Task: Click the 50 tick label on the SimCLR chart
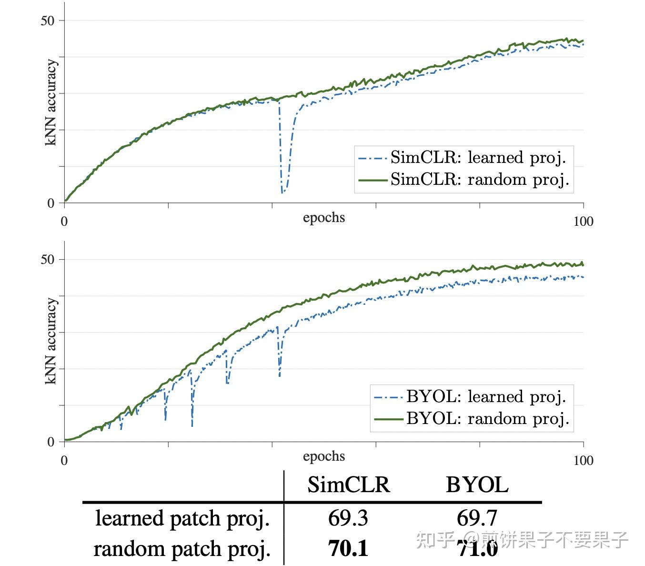tap(48, 20)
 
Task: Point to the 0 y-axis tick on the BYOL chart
tap(51, 442)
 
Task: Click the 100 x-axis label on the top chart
tap(583, 221)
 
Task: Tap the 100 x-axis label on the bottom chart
tap(583, 460)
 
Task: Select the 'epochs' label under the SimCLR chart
tap(323, 218)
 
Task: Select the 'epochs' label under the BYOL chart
tap(323, 456)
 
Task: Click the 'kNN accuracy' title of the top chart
tap(51, 102)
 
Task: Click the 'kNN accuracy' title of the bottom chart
tap(51, 341)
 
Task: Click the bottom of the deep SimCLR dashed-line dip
tap(282, 192)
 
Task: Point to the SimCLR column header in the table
tap(348, 485)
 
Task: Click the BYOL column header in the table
tap(477, 485)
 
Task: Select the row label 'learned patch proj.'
tap(182, 518)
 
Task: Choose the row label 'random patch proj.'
tap(182, 549)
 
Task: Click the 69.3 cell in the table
tap(348, 518)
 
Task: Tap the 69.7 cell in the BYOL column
tap(477, 518)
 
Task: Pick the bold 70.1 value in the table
tap(348, 549)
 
